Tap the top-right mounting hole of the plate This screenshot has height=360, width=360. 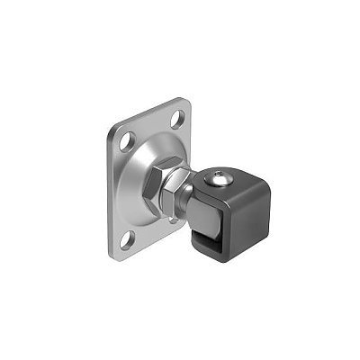point(177,118)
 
